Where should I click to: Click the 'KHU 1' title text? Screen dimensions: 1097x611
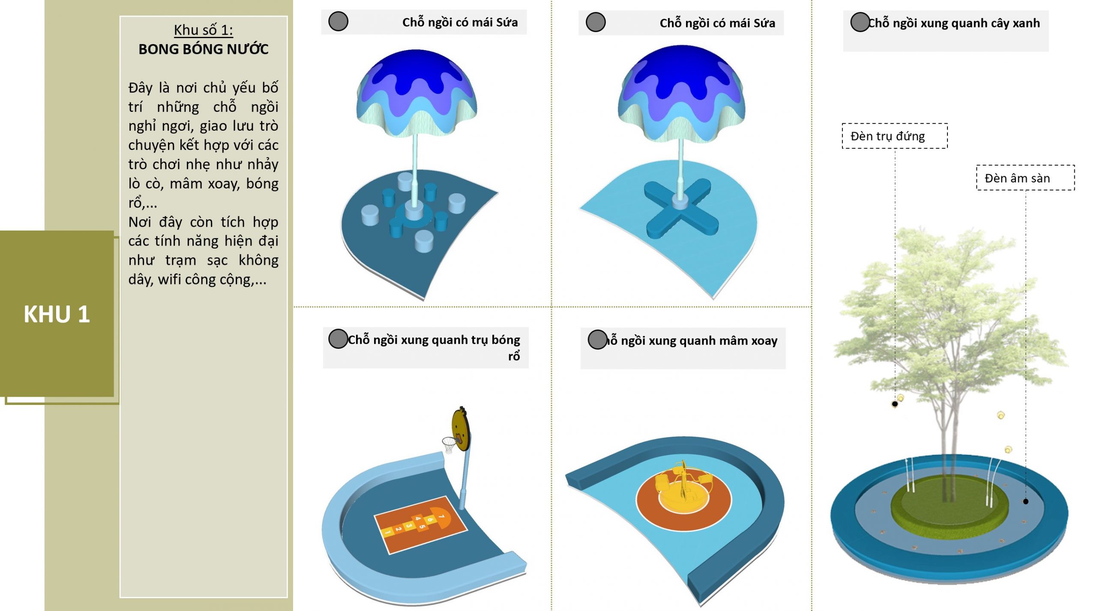click(x=57, y=314)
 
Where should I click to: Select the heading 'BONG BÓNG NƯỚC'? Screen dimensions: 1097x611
click(x=204, y=49)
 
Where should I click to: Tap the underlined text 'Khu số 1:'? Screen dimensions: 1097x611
click(x=204, y=30)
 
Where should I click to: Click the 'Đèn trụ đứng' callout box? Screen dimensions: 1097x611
click(x=894, y=136)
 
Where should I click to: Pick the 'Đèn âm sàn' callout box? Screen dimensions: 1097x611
click(x=1025, y=178)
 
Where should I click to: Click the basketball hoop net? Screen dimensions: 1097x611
click(x=450, y=444)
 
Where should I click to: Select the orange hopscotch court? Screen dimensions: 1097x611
click(x=420, y=525)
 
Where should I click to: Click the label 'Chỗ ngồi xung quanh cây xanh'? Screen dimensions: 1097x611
click(x=953, y=23)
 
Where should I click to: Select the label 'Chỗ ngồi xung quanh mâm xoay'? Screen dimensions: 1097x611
click(x=691, y=341)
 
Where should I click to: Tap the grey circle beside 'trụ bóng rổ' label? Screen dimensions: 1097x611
click(x=338, y=339)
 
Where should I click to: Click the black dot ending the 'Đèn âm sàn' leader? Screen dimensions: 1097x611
click(x=1025, y=501)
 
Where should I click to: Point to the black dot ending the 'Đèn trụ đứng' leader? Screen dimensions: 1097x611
click(x=895, y=404)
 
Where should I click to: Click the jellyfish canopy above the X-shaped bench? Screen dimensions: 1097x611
click(x=681, y=92)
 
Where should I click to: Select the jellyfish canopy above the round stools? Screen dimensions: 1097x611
click(x=417, y=92)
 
